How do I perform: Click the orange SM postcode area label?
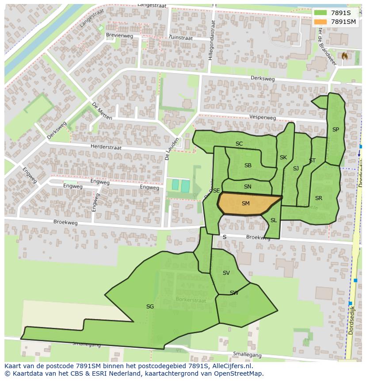click(246, 204)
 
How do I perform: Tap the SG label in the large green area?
click(150, 306)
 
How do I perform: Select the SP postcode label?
click(335, 130)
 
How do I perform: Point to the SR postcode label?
click(319, 198)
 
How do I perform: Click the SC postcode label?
click(239, 143)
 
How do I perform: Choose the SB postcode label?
click(248, 165)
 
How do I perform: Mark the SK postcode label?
click(283, 157)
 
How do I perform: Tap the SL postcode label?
click(274, 220)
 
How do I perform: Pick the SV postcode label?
click(226, 273)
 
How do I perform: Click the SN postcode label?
click(248, 187)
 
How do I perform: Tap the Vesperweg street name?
click(263, 118)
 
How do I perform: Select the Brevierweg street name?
click(119, 35)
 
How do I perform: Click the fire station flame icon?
click(344, 56)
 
